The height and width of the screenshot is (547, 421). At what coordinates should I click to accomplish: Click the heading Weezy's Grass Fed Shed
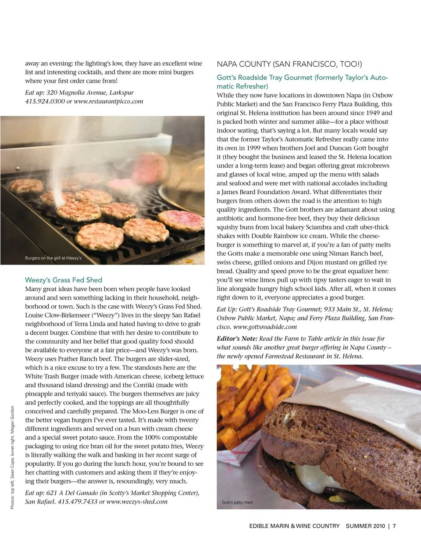click(64, 280)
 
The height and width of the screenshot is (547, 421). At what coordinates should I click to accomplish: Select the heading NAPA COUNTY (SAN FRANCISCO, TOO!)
click(289, 64)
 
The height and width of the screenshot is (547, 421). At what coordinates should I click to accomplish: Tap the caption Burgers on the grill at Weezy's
click(53, 258)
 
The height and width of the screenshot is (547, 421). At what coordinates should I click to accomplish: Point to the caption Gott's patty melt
click(237, 502)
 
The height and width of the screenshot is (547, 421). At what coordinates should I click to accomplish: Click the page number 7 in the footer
click(394, 526)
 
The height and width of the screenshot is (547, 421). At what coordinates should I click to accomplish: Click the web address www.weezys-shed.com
click(137, 501)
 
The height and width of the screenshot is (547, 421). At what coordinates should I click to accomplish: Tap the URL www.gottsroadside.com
click(265, 327)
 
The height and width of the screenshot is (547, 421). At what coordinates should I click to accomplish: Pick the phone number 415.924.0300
click(45, 101)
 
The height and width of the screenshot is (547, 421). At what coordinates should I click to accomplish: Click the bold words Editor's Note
click(237, 339)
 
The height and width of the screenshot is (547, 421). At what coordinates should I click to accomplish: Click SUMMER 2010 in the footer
click(365, 526)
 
